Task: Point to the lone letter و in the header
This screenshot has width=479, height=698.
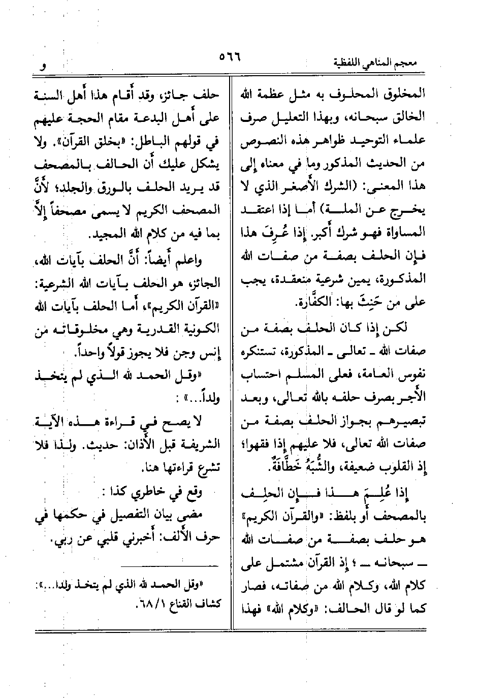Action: click(x=44, y=66)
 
